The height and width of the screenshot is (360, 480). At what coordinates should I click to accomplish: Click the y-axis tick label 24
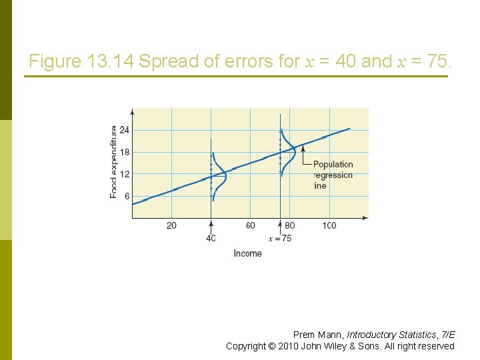[124, 129]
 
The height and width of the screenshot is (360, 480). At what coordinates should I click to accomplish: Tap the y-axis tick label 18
[124, 152]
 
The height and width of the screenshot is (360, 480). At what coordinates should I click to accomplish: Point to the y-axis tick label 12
[124, 174]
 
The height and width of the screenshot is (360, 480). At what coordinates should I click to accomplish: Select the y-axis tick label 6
[127, 197]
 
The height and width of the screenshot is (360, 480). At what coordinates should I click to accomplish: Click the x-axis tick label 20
[171, 226]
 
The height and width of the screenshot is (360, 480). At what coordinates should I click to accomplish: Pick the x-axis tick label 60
[250, 226]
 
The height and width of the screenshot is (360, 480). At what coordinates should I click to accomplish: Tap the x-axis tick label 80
[289, 226]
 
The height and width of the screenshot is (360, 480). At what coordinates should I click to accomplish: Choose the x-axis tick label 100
[329, 226]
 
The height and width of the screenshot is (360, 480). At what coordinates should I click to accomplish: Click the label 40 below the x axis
[211, 239]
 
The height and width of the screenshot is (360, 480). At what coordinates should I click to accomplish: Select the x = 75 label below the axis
[280, 239]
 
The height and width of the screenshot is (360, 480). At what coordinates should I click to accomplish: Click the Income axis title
[247, 253]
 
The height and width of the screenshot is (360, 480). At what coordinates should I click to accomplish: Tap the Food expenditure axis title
[113, 161]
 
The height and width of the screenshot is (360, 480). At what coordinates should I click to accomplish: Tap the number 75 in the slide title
[437, 62]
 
